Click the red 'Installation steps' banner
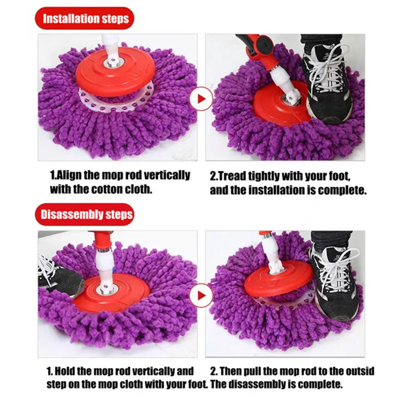(x=85, y=18)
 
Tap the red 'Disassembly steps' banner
(x=85, y=214)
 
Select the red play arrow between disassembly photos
(x=201, y=295)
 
